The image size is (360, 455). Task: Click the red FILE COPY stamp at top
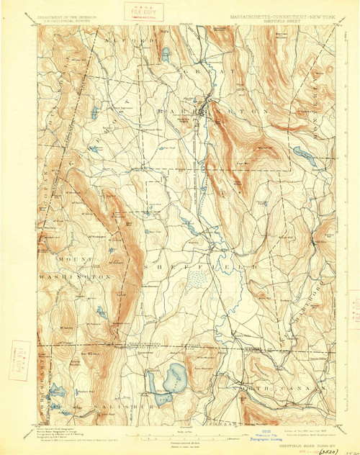(143, 12)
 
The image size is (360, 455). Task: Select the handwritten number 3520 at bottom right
(330, 446)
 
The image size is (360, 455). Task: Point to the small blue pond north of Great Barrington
(166, 54)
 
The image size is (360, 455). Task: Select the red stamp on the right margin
(353, 302)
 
